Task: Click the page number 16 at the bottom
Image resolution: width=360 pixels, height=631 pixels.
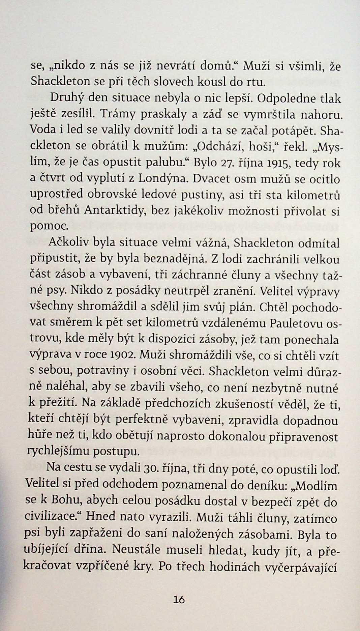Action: pos(179,599)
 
